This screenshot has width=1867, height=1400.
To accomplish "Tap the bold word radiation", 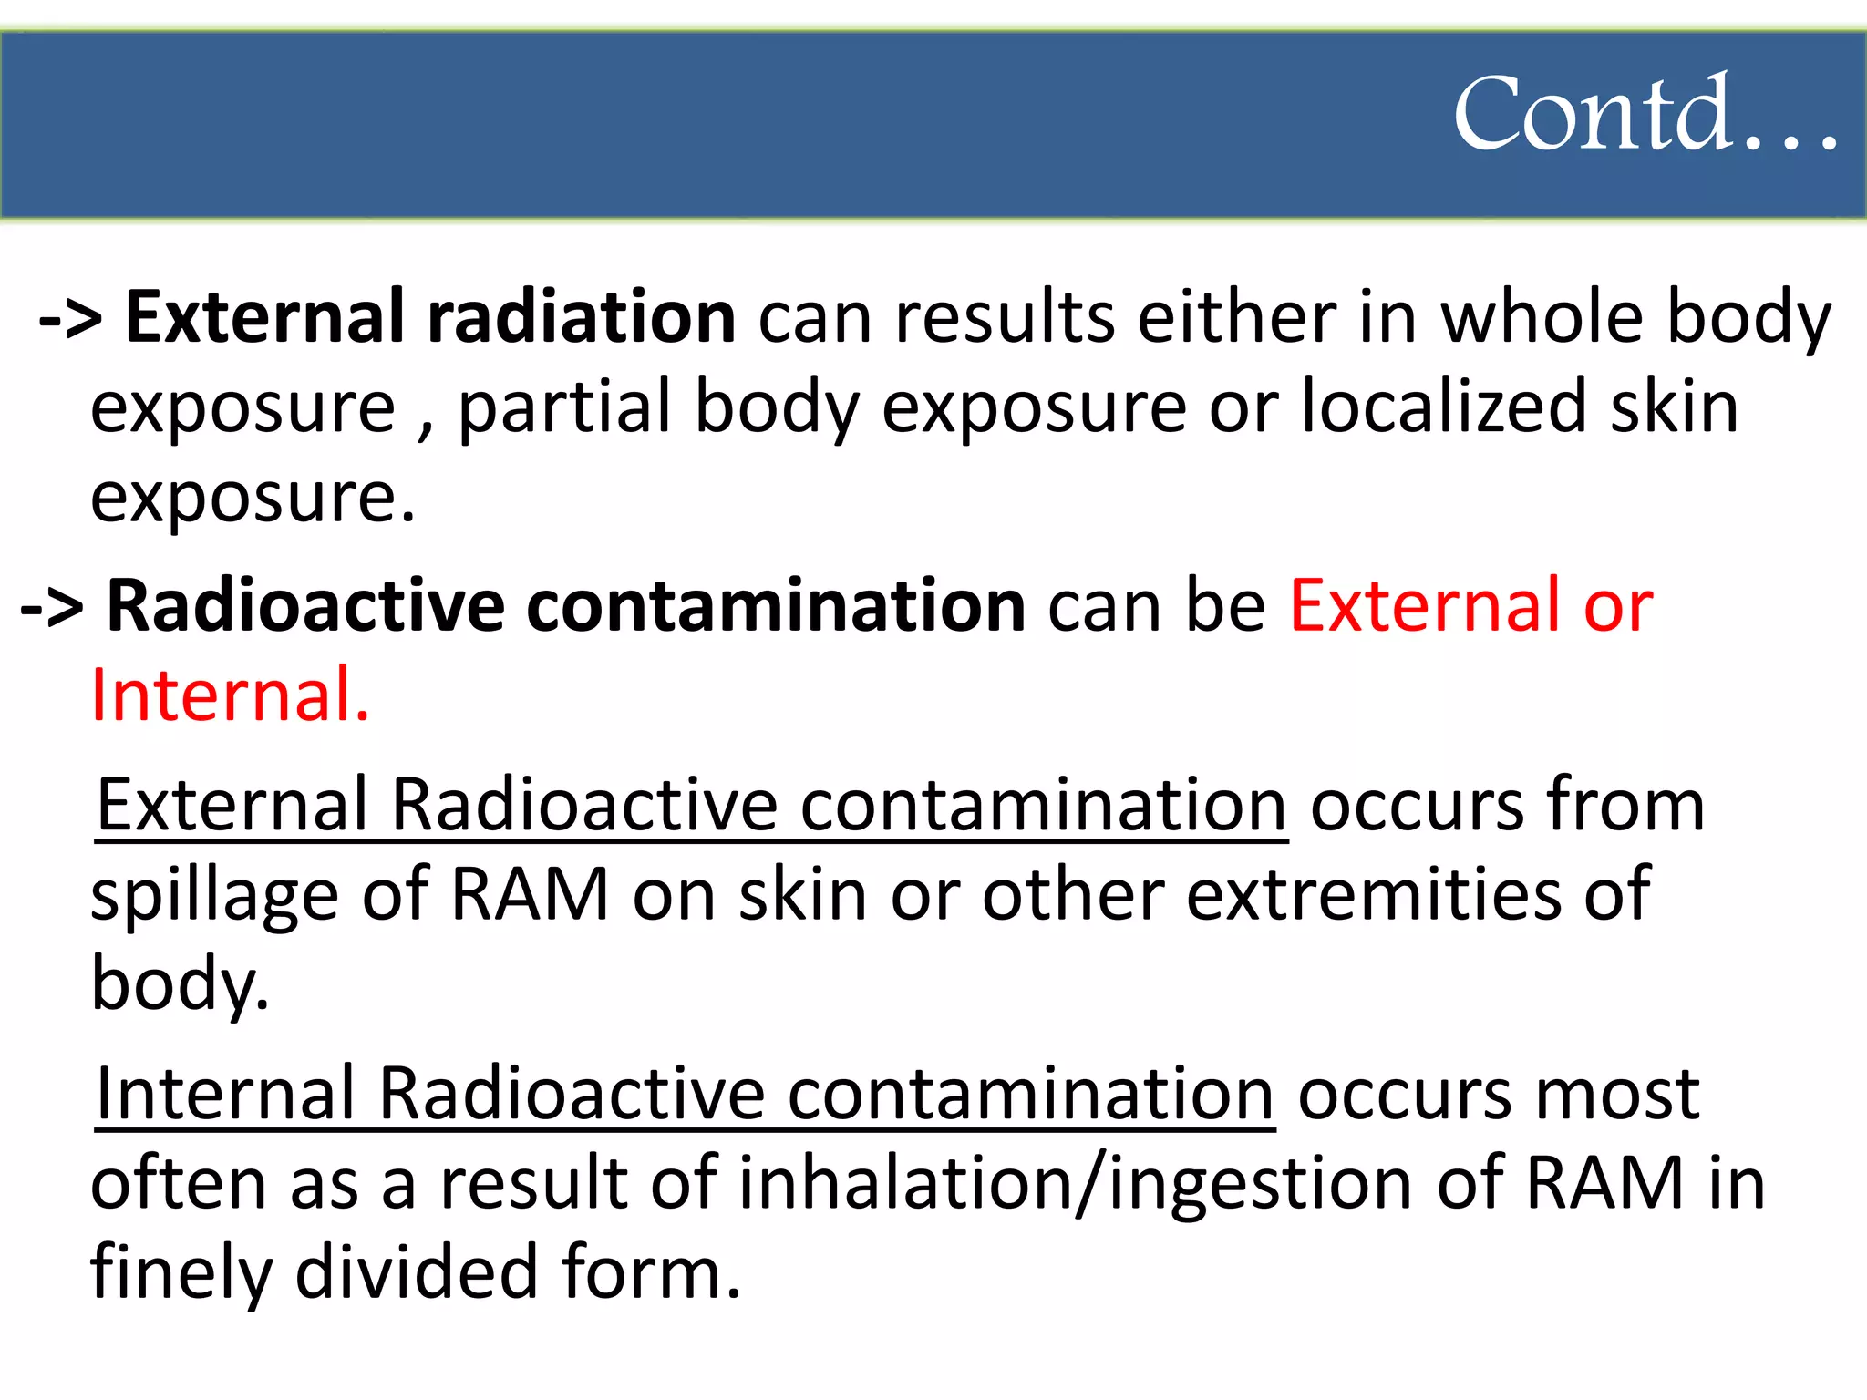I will (582, 317).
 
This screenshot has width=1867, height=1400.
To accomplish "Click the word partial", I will (565, 407).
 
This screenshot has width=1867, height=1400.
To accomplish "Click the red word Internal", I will (230, 695).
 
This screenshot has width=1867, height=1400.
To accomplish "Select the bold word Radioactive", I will (305, 605).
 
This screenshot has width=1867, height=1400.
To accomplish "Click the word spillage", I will (215, 896).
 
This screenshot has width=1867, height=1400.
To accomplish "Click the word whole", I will (1542, 317).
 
